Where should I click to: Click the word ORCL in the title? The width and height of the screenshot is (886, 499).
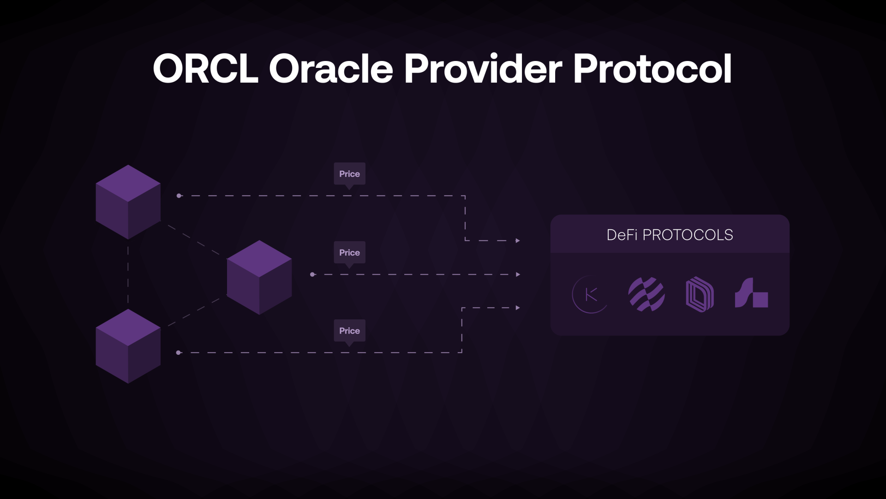click(x=205, y=68)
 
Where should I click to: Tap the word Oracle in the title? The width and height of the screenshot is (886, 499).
click(x=331, y=68)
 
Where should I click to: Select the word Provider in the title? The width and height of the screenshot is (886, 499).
click(x=483, y=68)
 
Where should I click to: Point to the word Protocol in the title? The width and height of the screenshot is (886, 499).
click(x=653, y=68)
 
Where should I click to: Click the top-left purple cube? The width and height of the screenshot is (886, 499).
click(x=128, y=202)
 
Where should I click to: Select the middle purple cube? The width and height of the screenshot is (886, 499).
click(x=259, y=277)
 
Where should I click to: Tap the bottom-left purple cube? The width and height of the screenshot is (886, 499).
click(x=128, y=346)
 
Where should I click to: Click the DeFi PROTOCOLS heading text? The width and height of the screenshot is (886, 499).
click(x=670, y=235)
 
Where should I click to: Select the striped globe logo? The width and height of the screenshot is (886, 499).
click(x=647, y=294)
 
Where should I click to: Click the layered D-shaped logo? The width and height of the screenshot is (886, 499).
click(x=700, y=294)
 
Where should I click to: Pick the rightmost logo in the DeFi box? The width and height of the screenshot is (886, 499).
click(x=751, y=293)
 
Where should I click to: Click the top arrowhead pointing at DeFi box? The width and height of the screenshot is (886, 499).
click(x=518, y=241)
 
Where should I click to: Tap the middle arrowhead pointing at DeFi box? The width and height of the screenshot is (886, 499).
click(x=518, y=274)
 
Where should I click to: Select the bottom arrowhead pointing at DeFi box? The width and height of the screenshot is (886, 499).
click(x=518, y=308)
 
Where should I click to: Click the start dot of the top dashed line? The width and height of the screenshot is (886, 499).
click(x=179, y=196)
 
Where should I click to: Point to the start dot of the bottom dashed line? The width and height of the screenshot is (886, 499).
click(x=179, y=353)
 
